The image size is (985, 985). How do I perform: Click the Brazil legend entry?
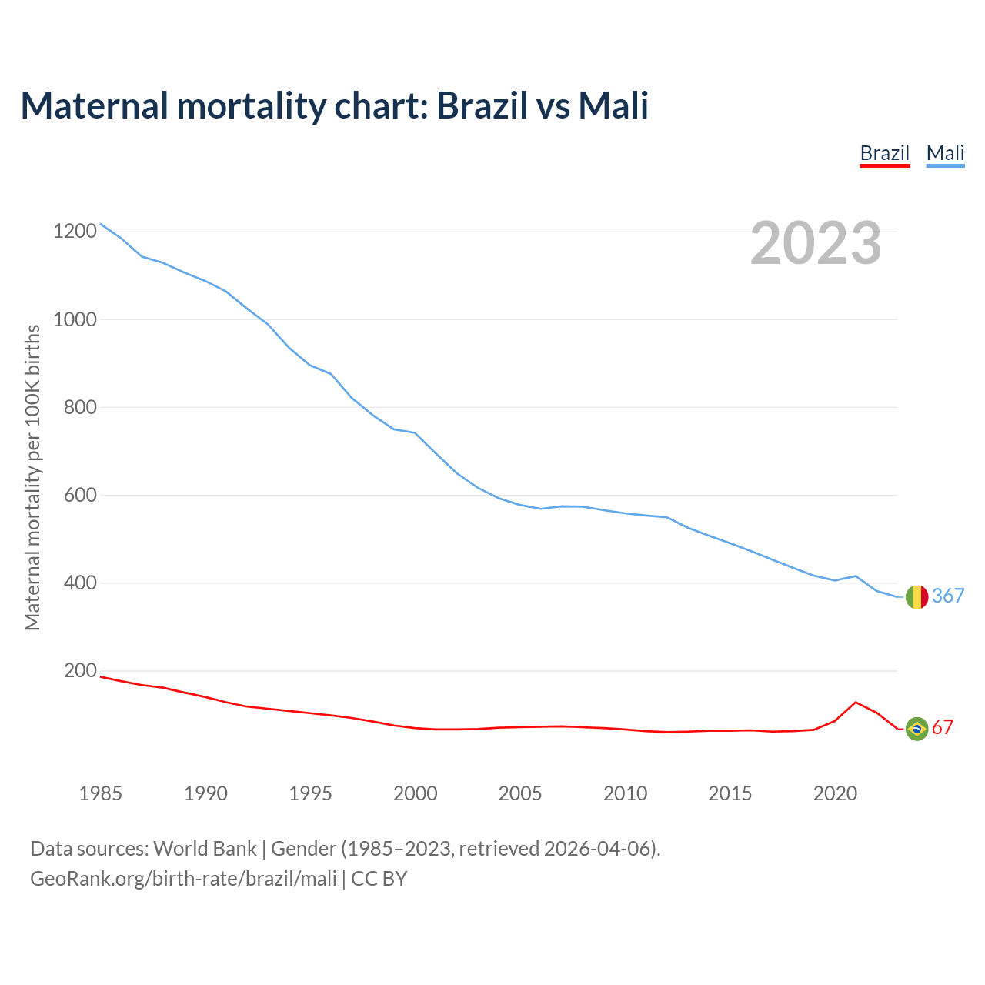click(x=885, y=153)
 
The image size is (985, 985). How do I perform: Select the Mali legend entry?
click(x=945, y=153)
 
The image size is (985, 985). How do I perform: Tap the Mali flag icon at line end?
click(x=917, y=596)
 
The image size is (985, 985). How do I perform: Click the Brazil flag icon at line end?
click(x=917, y=728)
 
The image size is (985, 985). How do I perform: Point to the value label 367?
click(x=948, y=596)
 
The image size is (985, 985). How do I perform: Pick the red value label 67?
click(x=943, y=728)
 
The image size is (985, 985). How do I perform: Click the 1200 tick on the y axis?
click(x=75, y=231)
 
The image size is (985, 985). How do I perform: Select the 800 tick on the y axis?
click(x=81, y=407)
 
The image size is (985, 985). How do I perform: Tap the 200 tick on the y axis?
click(x=81, y=671)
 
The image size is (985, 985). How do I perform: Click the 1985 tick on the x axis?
click(x=101, y=793)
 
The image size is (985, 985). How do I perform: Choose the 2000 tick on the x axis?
click(x=416, y=793)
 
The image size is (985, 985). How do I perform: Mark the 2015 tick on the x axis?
click(x=730, y=793)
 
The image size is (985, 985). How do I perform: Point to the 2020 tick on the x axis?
click(x=835, y=793)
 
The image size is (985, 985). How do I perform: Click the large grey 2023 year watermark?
click(x=816, y=243)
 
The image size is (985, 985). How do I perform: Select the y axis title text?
click(x=32, y=477)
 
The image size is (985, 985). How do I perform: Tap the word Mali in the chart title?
click(x=613, y=105)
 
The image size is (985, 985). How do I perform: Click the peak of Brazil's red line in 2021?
click(x=856, y=702)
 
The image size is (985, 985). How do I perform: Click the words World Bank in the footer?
click(x=205, y=849)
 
